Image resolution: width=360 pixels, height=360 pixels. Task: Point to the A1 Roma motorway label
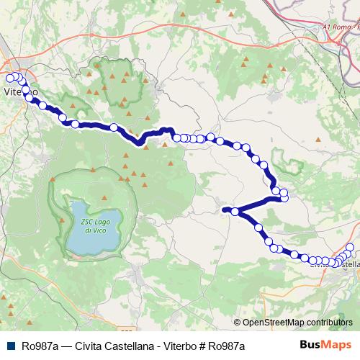point(338,27)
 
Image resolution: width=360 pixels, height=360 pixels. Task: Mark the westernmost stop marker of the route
point(9,78)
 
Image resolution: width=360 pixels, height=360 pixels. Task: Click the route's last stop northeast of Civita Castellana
point(350,248)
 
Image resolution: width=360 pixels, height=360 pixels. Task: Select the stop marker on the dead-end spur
point(235,211)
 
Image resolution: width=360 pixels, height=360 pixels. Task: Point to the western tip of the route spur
point(225,210)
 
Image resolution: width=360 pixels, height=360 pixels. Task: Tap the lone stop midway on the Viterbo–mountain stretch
point(113,127)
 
